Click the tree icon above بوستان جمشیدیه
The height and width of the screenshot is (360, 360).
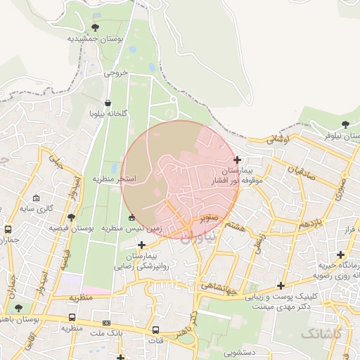[95, 27]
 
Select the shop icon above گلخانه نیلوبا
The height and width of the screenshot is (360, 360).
[107, 103]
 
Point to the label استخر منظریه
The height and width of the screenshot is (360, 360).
[115, 179]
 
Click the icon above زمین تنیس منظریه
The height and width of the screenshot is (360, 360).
[132, 217]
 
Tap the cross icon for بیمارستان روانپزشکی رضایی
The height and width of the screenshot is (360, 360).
[142, 245]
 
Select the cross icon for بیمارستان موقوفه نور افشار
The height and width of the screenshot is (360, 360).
[238, 160]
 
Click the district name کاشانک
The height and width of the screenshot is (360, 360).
[320, 334]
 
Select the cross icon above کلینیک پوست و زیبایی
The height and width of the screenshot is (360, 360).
[281, 285]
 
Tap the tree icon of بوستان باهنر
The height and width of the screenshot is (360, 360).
[18, 308]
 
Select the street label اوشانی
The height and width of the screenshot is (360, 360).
[278, 139]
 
